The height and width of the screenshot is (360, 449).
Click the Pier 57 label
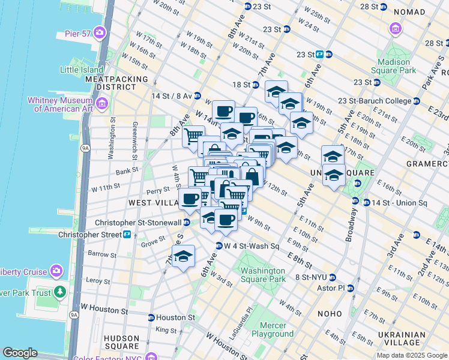pos(77,33)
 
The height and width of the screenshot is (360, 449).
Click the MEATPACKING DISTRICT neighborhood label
pos(116,83)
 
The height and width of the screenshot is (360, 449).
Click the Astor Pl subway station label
pos(333,288)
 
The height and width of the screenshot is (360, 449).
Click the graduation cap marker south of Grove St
pos(184,257)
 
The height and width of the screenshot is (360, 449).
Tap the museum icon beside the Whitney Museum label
pos(101,104)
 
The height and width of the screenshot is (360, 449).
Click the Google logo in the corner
pos(20,353)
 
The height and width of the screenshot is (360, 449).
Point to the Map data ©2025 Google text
pos(411,355)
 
